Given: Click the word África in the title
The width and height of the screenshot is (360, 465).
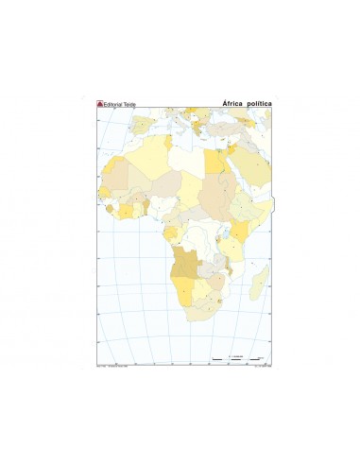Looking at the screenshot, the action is click(x=233, y=104).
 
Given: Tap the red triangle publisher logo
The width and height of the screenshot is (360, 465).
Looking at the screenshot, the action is click(x=101, y=104).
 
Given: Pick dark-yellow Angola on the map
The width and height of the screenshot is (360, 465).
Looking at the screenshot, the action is click(x=184, y=259).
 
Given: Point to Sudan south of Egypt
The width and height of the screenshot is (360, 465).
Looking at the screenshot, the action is click(x=216, y=189).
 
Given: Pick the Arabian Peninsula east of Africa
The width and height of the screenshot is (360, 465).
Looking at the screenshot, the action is click(x=253, y=170).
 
